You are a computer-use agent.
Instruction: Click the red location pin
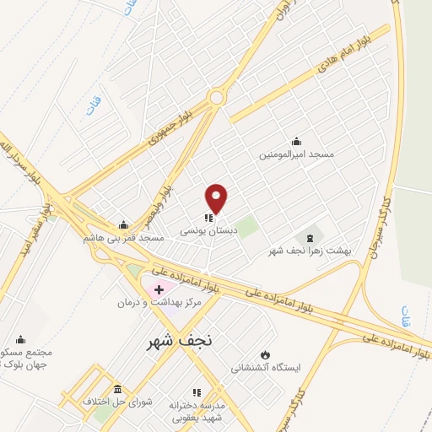pyautogui.click(x=217, y=198)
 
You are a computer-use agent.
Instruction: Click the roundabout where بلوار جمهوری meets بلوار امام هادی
pyautogui.click(x=217, y=97)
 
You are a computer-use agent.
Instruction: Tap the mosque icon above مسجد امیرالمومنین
pyautogui.click(x=296, y=142)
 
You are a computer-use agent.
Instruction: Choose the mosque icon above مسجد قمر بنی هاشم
pyautogui.click(x=124, y=224)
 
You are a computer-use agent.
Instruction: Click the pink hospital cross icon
pyautogui.click(x=159, y=289)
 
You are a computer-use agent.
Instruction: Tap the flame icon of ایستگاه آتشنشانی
pyautogui.click(x=266, y=354)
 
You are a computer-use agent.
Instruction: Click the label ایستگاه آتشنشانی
pyautogui.click(x=264, y=368)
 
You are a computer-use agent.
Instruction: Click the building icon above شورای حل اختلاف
pyautogui.click(x=116, y=389)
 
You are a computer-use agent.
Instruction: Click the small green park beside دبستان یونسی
pyautogui.click(x=246, y=227)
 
